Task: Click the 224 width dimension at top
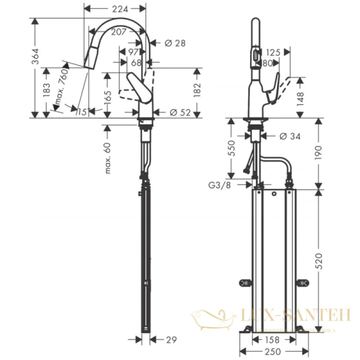coord(114,8)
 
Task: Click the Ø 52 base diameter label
coord(179,112)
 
